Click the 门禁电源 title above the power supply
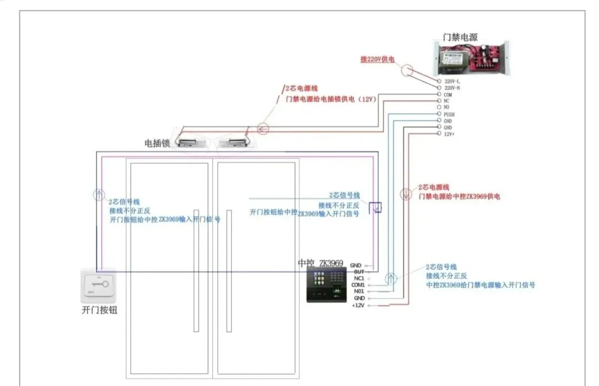pyautogui.click(x=460, y=38)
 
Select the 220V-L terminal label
pyautogui.click(x=452, y=81)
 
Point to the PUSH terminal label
pyautogui.click(x=449, y=114)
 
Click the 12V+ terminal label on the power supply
pyautogui.click(x=449, y=134)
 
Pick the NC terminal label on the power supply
pyautogui.click(x=447, y=101)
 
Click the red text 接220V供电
pyautogui.click(x=377, y=59)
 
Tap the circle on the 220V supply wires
pyautogui.click(x=408, y=70)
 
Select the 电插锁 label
pyautogui.click(x=156, y=143)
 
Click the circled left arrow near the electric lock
pyautogui.click(x=263, y=130)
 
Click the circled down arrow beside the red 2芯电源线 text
pyautogui.click(x=405, y=194)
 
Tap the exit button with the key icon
pyautogui.click(x=98, y=285)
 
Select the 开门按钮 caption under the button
pyautogui.click(x=99, y=311)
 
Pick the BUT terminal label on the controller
pyautogui.click(x=358, y=272)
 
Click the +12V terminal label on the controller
pyautogui.click(x=357, y=305)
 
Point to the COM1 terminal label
pyautogui.click(x=358, y=285)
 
